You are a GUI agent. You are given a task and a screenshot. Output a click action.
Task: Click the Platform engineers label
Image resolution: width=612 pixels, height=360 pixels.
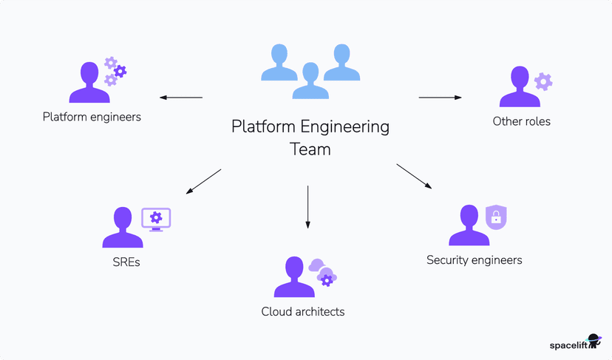[x=92, y=117]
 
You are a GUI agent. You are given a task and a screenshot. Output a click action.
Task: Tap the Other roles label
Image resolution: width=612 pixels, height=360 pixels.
[x=521, y=121]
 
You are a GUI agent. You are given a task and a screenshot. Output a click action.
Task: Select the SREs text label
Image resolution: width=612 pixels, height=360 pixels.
[x=122, y=261]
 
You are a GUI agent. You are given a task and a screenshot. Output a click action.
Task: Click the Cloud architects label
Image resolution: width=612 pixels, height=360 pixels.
[x=303, y=311]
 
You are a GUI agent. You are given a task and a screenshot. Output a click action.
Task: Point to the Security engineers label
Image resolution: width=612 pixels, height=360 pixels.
[x=474, y=259]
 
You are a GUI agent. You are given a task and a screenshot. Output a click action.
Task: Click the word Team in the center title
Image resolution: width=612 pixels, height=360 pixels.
[x=310, y=149]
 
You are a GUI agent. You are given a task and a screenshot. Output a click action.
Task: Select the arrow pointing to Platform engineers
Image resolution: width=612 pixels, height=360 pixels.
[x=181, y=98]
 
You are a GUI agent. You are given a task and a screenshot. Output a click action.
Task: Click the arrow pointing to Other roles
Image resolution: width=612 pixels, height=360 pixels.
[x=441, y=97]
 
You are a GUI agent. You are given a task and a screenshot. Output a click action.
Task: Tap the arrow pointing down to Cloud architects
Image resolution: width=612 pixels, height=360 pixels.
[x=307, y=206]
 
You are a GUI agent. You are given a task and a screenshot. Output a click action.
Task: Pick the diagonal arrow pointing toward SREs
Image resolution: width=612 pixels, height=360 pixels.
[x=203, y=181]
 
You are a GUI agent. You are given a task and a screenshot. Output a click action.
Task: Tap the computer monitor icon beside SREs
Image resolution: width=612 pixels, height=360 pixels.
[x=156, y=219]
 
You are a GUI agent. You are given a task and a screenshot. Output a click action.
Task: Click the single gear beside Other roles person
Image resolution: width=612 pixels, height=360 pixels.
[x=543, y=81]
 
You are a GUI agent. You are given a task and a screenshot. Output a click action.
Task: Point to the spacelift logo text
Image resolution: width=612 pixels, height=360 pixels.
[x=568, y=344]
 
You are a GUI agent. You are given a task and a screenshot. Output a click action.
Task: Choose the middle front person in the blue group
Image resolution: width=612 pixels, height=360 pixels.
[x=310, y=81]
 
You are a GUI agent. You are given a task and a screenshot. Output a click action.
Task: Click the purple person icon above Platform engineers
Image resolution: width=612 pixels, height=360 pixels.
[x=89, y=83]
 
